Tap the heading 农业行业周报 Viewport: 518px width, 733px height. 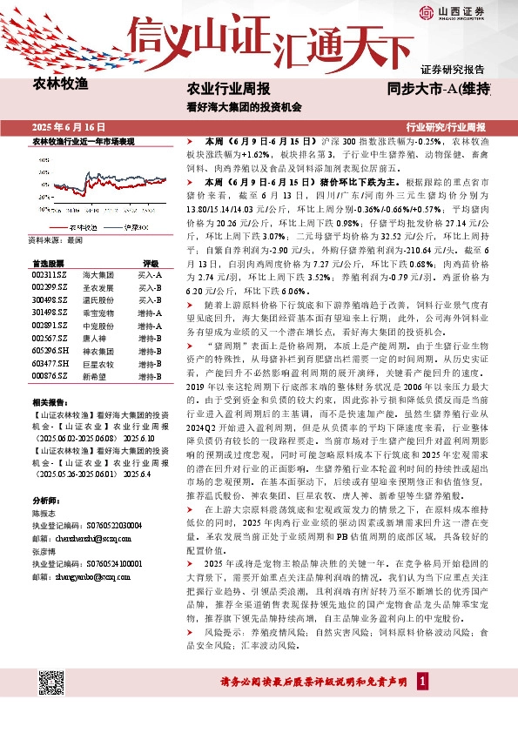(229, 89)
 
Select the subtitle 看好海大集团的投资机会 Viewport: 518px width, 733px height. (244, 108)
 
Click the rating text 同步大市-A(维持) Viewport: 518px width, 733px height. (441, 89)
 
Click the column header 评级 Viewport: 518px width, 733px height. (151, 262)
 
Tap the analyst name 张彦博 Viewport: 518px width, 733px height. (44, 552)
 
